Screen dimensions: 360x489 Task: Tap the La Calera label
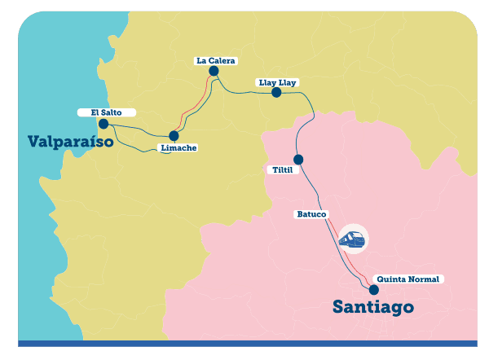(215, 60)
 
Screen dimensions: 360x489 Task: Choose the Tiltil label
(283, 170)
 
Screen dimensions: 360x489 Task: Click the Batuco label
(311, 214)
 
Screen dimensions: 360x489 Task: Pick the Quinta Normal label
(410, 279)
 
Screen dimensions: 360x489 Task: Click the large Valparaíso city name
(76, 141)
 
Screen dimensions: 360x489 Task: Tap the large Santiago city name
(373, 307)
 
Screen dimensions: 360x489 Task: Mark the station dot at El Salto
(103, 125)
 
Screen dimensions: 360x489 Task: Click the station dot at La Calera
(214, 72)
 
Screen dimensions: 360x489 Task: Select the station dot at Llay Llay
(276, 93)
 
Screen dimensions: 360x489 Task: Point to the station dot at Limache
(174, 136)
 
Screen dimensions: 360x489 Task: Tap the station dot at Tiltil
(298, 160)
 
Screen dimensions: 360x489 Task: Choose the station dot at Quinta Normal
(374, 289)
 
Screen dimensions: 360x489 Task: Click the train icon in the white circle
(353, 239)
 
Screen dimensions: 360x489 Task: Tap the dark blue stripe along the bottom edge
(244, 344)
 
